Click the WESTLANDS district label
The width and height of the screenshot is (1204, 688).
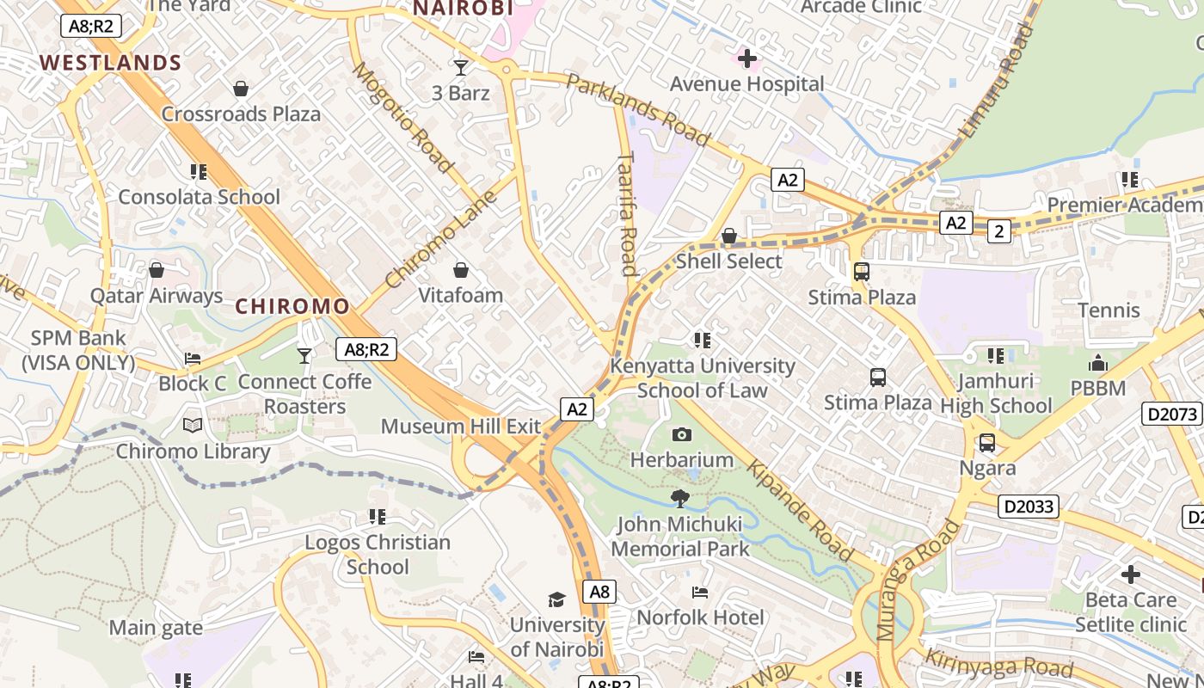(x=110, y=63)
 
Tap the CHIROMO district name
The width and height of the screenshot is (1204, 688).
(x=292, y=306)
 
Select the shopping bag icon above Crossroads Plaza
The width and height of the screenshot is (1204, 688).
(x=241, y=89)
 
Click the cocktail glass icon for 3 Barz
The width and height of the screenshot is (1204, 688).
(x=461, y=67)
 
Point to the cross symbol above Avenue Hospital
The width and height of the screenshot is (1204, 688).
(x=747, y=58)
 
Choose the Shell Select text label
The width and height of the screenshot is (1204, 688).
(x=728, y=261)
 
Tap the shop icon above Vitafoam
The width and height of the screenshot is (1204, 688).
(x=461, y=270)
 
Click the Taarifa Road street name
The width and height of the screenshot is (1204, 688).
(x=627, y=213)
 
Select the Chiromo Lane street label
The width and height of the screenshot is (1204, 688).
(x=440, y=239)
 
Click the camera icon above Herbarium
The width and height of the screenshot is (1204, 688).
(x=682, y=435)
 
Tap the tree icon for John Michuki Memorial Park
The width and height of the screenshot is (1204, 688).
(x=680, y=498)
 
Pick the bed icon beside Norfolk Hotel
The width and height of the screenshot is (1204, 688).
(x=700, y=593)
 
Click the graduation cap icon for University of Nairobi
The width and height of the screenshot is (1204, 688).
(x=556, y=599)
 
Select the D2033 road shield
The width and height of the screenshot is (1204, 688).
(x=1029, y=507)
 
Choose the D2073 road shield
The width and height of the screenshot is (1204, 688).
(x=1172, y=415)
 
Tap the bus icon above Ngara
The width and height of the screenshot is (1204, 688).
(x=987, y=443)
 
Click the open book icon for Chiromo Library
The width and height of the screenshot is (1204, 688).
(x=193, y=426)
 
